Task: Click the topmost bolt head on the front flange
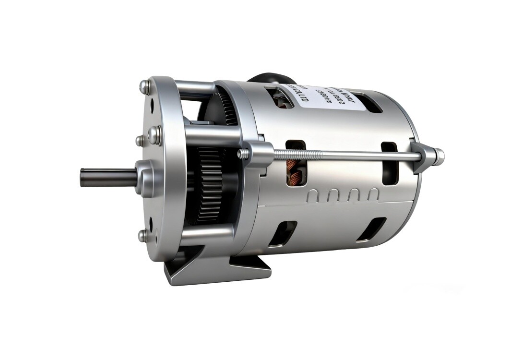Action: point(143,87)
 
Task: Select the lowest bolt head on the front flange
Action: point(142,236)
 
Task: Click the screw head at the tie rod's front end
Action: point(243,154)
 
